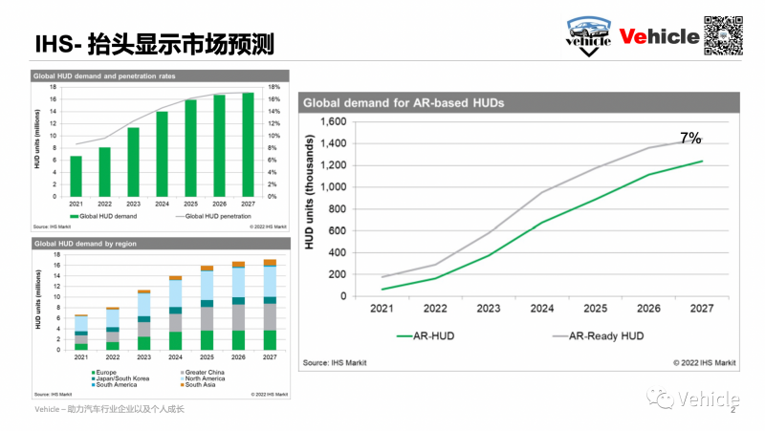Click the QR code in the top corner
(x=725, y=35)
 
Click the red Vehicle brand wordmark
(x=659, y=36)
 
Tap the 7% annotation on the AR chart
(x=690, y=139)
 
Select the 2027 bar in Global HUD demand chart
(x=249, y=144)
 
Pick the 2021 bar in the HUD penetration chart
(x=76, y=176)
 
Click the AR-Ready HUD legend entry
(x=601, y=335)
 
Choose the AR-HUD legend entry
(x=430, y=335)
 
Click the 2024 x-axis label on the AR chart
(x=541, y=309)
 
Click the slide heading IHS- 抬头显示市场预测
(x=154, y=42)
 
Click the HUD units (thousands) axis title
(x=310, y=208)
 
